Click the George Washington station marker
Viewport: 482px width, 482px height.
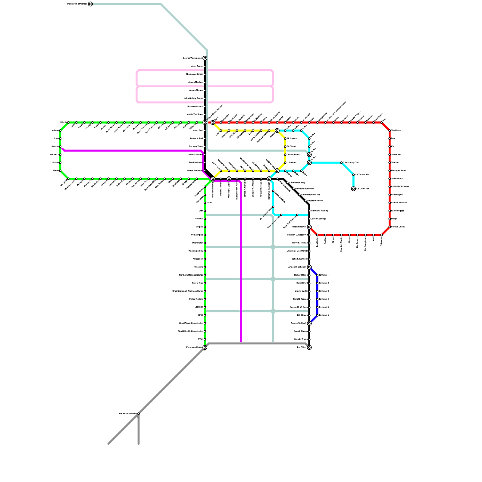pos(205,58)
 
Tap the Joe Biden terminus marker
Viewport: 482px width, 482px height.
pos(309,347)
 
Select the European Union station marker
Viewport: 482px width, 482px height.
pos(205,347)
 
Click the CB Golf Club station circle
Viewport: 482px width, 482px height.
pos(353,189)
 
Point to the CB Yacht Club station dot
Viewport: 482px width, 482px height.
pos(353,175)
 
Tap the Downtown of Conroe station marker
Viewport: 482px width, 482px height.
pos(90,4)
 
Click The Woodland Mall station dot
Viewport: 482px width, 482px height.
pos(139,414)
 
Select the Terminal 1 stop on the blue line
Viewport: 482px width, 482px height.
pos(317,275)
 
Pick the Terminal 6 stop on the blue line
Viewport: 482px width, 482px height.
pos(317,315)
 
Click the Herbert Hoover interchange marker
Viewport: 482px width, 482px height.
pos(309,227)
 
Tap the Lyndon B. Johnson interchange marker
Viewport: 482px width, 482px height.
pos(309,267)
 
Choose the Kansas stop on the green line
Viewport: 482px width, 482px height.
pos(60,147)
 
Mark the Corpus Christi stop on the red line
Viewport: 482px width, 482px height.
pos(390,227)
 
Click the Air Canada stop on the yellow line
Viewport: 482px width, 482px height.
pos(285,139)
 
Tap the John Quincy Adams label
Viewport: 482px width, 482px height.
pos(193,98)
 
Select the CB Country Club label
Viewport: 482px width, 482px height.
pos(351,163)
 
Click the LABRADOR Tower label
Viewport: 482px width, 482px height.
pos(400,187)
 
